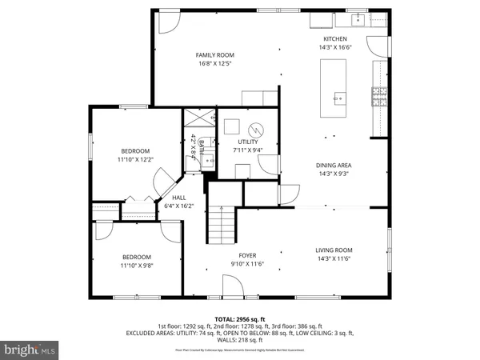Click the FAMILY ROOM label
(x=215, y=55)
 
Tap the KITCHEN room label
(x=334, y=39)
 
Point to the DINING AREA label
(x=334, y=166)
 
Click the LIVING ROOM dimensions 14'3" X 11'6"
(x=334, y=258)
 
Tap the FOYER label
(x=247, y=255)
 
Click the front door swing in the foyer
(x=231, y=286)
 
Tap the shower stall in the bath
(x=199, y=118)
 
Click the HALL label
(x=179, y=198)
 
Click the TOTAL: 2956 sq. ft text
(x=240, y=318)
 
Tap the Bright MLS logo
(x=30, y=349)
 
